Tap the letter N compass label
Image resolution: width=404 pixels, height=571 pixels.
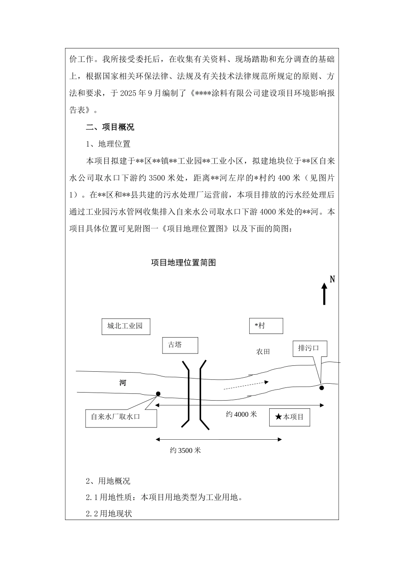333,279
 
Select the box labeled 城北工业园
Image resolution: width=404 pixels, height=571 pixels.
125,326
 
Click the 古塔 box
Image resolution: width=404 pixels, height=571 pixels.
180,345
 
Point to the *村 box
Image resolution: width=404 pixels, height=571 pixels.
266,326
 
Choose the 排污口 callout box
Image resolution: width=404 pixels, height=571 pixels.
309,348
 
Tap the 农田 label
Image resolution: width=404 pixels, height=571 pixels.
263,352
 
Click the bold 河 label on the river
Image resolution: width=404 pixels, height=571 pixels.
122,383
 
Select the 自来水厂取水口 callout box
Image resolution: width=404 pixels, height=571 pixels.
121,417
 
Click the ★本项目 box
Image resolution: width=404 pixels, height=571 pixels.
289,417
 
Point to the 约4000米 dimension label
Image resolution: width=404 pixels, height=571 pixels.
241,414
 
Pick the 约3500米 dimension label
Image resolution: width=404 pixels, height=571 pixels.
185,450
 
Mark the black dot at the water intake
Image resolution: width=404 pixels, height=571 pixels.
158,394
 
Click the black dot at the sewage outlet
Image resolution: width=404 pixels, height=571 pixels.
321,387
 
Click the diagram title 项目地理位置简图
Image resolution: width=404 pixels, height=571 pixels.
183,263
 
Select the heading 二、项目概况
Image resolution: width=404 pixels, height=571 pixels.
110,127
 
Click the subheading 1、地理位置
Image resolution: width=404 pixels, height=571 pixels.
108,144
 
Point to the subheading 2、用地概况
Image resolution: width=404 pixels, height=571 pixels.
108,481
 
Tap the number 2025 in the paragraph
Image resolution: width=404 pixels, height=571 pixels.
130,93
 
